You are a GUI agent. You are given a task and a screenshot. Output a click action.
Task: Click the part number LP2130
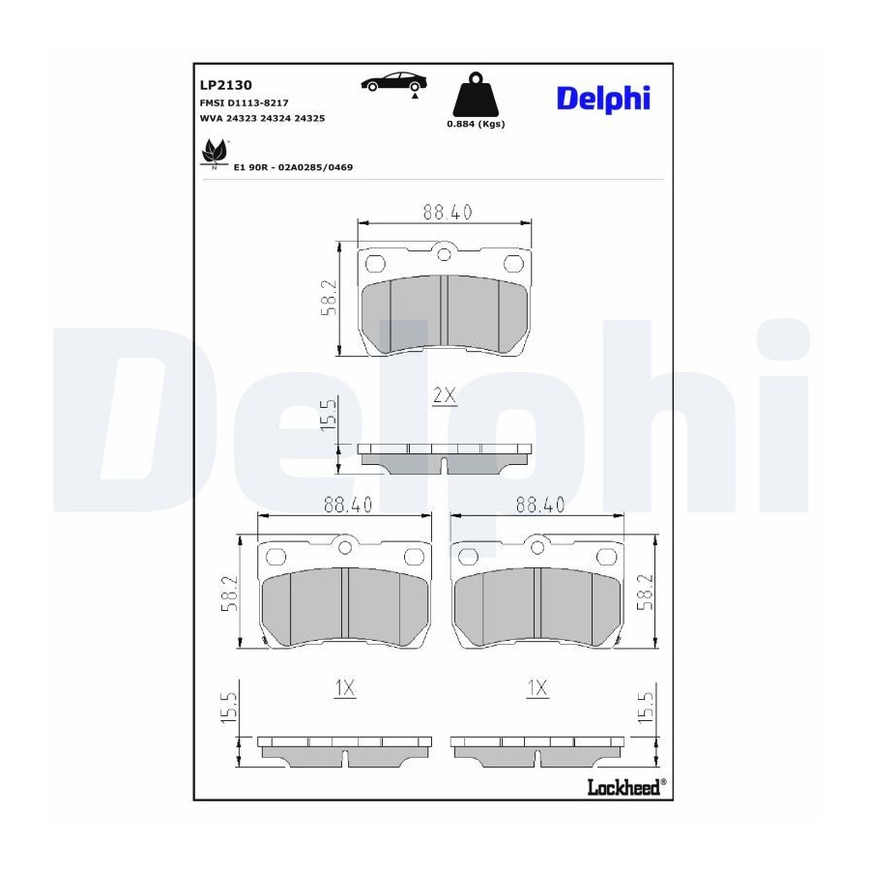[225, 85]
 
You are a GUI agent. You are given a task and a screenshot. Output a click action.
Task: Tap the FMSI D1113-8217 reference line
[244, 102]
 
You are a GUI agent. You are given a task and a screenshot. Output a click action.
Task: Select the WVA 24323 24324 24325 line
[262, 118]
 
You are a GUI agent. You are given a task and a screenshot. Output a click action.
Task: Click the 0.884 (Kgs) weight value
[476, 124]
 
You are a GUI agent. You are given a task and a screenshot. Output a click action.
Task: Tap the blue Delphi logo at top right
[603, 99]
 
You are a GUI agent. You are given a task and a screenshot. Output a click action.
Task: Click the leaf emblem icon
[215, 153]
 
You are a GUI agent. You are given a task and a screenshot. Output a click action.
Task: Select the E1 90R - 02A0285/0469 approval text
[293, 167]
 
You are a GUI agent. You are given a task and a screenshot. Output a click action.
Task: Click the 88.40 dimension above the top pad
[448, 212]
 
